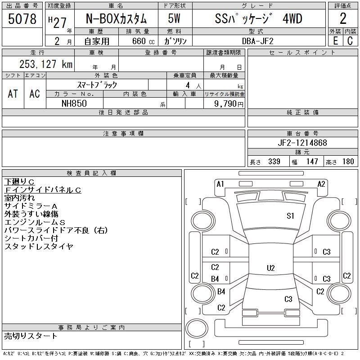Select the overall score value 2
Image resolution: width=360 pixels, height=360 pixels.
[343, 19]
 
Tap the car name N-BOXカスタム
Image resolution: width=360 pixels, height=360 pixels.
[116, 19]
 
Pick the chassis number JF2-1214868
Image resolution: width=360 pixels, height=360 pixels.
[302, 143]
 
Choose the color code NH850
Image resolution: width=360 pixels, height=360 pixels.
[74, 103]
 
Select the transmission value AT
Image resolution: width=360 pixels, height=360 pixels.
[13, 94]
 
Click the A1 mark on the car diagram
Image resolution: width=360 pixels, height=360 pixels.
[220, 184]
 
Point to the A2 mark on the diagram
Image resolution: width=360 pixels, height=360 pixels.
[321, 184]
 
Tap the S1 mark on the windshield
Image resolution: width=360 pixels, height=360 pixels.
[290, 216]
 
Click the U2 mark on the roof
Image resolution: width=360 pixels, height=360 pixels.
[270, 268]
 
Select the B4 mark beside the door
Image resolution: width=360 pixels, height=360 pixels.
[215, 279]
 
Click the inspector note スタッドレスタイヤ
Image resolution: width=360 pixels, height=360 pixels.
[39, 247]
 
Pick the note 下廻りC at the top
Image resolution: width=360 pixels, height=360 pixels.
[19, 182]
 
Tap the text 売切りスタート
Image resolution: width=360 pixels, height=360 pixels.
[31, 336]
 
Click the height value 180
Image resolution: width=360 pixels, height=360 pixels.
[348, 162]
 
